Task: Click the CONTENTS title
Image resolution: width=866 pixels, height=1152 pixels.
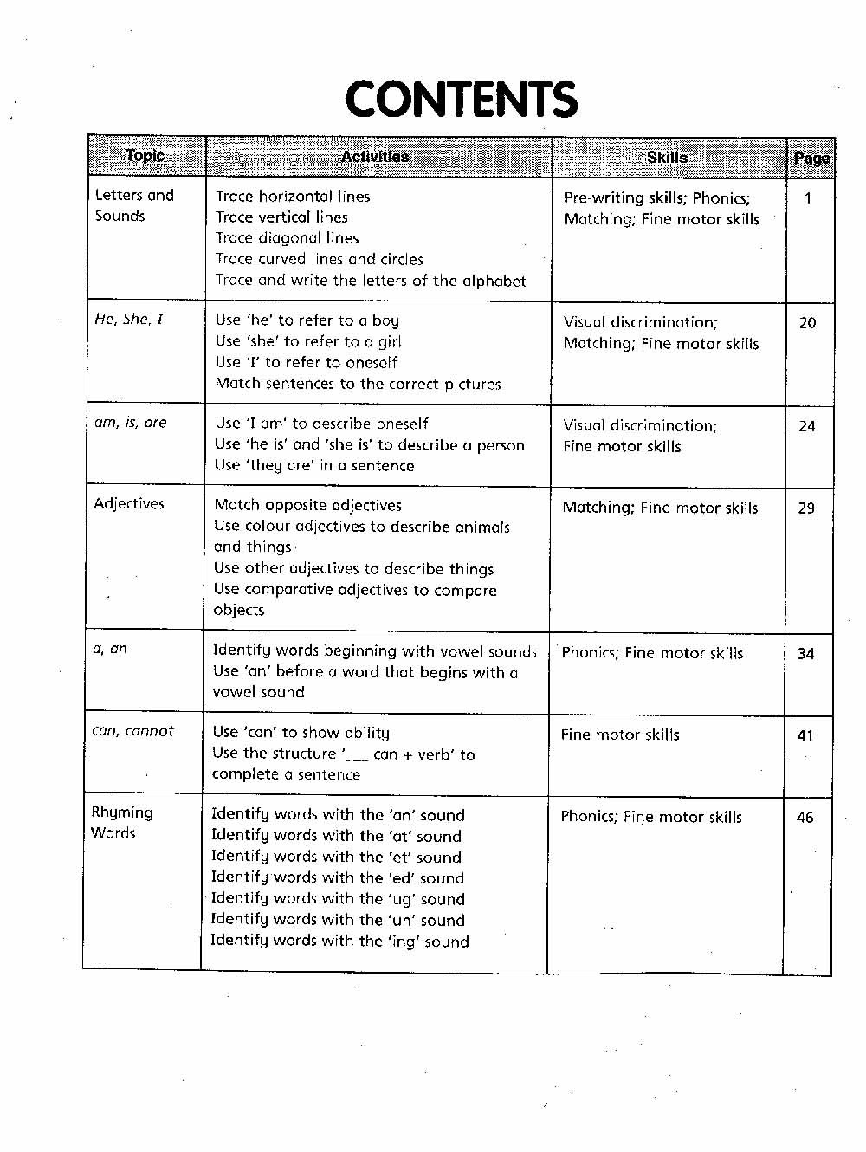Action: click(x=461, y=100)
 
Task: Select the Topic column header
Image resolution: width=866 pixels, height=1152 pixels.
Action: click(x=145, y=156)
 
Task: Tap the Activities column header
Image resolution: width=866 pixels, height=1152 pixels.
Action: click(x=375, y=157)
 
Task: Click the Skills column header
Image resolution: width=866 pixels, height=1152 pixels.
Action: click(x=668, y=158)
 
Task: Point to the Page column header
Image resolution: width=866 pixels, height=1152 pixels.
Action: click(x=811, y=159)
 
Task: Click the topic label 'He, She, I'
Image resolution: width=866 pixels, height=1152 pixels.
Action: click(x=128, y=319)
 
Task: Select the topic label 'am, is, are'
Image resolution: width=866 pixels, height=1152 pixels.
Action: click(x=130, y=423)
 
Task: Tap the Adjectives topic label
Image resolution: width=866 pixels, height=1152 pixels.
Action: click(x=129, y=503)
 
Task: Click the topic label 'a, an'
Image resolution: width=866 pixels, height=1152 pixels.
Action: click(x=110, y=648)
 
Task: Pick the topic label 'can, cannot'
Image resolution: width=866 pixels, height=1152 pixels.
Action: click(x=132, y=731)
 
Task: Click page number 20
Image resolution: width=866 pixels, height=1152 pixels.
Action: click(x=807, y=323)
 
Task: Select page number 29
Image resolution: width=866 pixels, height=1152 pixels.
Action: click(x=806, y=508)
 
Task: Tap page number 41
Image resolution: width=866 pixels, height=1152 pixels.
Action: click(x=805, y=736)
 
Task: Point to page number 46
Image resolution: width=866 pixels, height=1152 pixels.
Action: click(x=805, y=818)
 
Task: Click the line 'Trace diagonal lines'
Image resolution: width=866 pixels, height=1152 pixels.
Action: click(x=287, y=238)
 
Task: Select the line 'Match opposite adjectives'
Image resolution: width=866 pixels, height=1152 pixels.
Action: click(x=307, y=505)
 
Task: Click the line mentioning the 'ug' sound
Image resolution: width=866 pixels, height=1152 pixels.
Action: click(x=338, y=899)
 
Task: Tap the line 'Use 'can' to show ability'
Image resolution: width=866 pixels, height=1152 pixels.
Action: click(x=301, y=733)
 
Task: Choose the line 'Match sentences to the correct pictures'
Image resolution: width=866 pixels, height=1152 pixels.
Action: click(x=358, y=384)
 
